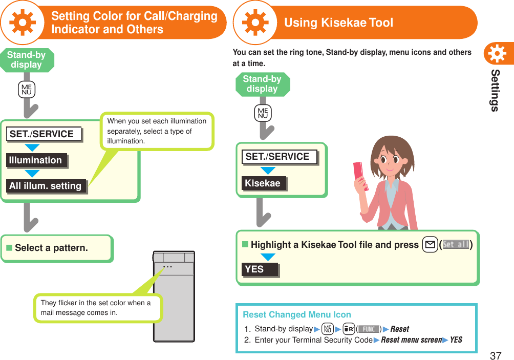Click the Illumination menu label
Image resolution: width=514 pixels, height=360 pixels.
tap(36, 160)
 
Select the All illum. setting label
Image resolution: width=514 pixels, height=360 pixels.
tap(46, 186)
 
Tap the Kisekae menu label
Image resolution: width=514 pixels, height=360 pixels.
tap(264, 183)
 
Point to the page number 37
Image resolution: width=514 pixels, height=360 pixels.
tap(495, 355)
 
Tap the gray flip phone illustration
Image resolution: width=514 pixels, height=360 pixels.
tap(174, 297)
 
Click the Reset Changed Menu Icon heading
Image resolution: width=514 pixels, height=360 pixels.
tap(297, 314)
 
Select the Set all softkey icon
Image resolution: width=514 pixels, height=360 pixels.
tap(456, 245)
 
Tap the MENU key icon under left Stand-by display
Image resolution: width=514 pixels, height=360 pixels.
tap(26, 91)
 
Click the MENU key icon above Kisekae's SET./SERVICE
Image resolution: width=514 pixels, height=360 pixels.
tap(263, 113)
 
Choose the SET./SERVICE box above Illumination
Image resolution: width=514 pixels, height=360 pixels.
tap(45, 134)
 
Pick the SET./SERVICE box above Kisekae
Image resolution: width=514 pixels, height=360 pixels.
tap(279, 157)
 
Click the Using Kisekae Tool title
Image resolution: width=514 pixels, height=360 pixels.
tap(338, 23)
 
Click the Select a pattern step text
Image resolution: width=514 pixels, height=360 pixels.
tap(51, 248)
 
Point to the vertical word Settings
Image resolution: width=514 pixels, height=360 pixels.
tap(495, 90)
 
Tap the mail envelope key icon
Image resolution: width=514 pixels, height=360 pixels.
tap(430, 245)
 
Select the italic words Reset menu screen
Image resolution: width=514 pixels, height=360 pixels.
tap(411, 340)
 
